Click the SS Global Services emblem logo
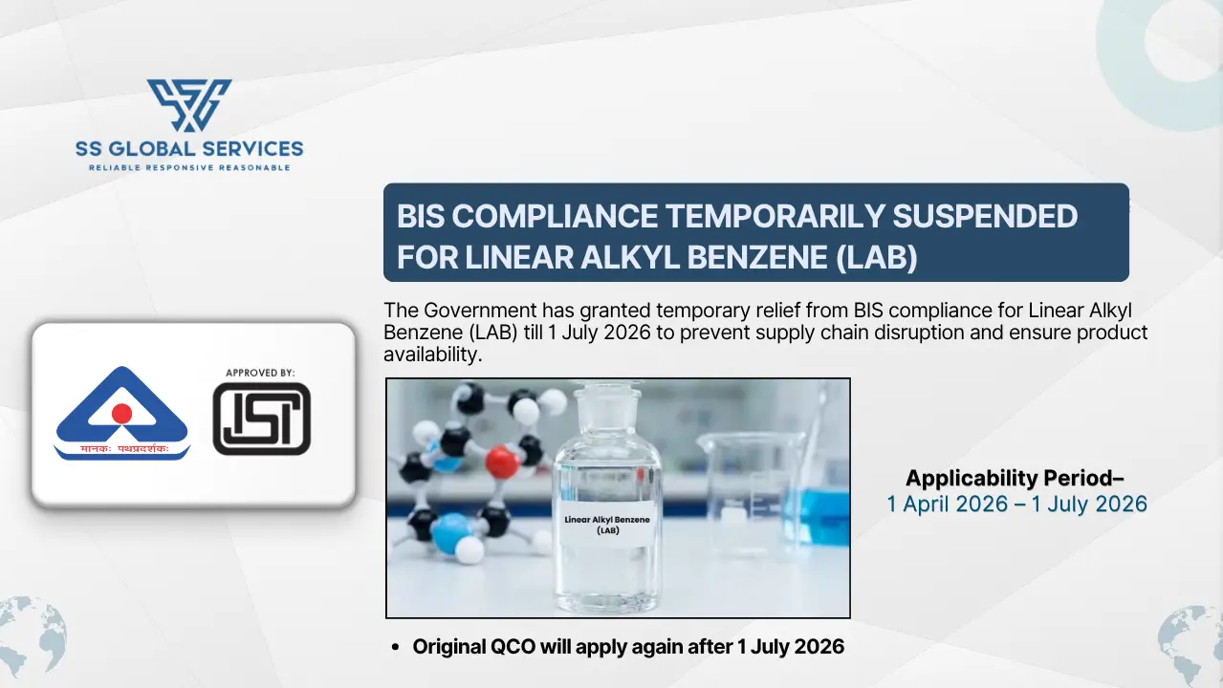click(x=189, y=105)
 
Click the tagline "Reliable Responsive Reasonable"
click(x=189, y=167)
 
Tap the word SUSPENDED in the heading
click(x=985, y=217)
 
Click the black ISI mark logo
click(x=261, y=419)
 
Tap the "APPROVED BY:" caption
click(x=260, y=373)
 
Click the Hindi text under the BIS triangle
click(x=121, y=449)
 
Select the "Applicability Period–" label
click(x=1016, y=478)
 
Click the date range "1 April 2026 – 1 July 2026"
click(x=1016, y=504)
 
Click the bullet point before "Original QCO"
click(x=397, y=648)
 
